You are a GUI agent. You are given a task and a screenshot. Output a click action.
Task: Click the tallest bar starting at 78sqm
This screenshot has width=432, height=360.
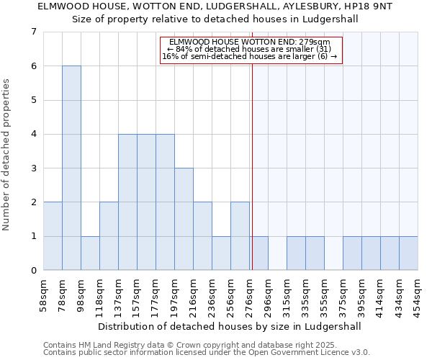click(71, 168)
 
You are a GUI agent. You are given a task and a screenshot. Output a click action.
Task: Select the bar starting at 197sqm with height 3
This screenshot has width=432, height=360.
click(184, 219)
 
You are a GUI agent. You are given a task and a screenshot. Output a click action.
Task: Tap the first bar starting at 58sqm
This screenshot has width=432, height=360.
click(53, 236)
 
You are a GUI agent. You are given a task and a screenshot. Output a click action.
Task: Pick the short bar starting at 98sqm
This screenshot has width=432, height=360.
click(90, 253)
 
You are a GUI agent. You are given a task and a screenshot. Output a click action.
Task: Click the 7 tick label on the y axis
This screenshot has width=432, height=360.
click(33, 32)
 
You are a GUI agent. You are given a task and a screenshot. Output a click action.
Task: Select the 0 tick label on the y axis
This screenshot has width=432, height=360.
click(33, 271)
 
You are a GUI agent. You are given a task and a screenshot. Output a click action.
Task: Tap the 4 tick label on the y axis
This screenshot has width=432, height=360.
click(33, 134)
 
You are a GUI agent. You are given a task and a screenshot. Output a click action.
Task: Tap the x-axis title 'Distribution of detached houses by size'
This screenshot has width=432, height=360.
click(230, 326)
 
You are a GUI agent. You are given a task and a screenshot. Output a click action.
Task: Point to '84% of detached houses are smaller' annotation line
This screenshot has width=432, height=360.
click(249, 49)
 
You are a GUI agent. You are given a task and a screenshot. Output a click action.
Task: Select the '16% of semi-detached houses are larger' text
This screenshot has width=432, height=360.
click(249, 56)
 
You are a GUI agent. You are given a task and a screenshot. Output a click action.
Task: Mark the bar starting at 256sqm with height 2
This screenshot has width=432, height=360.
click(240, 236)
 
